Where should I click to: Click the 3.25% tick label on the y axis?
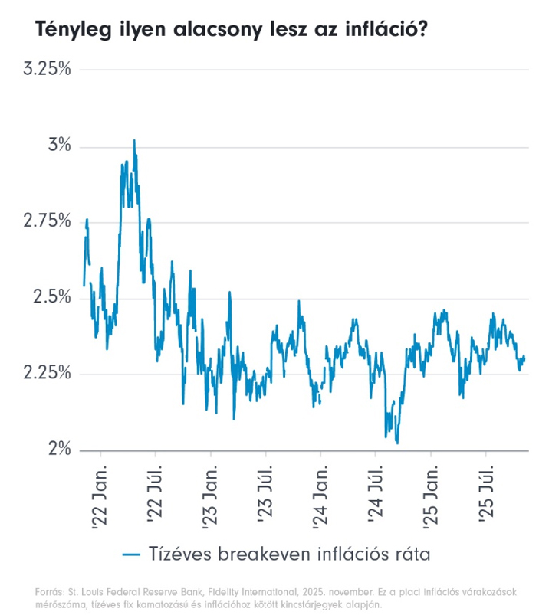pos(47,70)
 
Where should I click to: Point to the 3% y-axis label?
pos(58,146)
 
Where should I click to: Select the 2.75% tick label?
pos(47,221)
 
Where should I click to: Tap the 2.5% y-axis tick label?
pos(52,297)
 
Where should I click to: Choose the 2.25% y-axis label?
pos(47,373)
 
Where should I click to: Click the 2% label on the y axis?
pos(58,449)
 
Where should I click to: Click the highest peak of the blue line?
pos(134,141)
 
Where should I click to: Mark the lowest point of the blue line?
pos(397,443)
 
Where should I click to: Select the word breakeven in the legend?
pos(263,554)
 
